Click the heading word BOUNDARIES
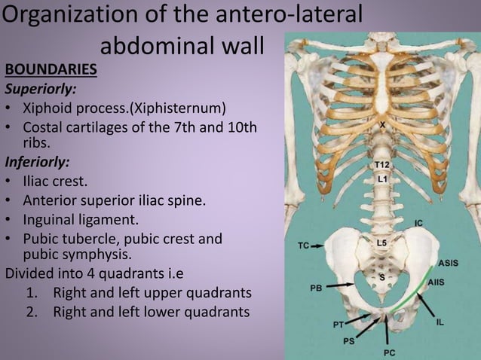pyautogui.click(x=51, y=70)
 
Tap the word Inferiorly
pyautogui.click(x=37, y=161)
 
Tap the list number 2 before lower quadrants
pyautogui.click(x=32, y=310)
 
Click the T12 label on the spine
pyautogui.click(x=382, y=165)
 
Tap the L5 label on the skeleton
pyautogui.click(x=381, y=243)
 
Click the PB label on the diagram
pyautogui.click(x=316, y=287)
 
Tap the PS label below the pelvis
pyautogui.click(x=348, y=340)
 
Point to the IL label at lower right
pyautogui.click(x=440, y=322)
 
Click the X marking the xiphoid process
pyautogui.click(x=382, y=125)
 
